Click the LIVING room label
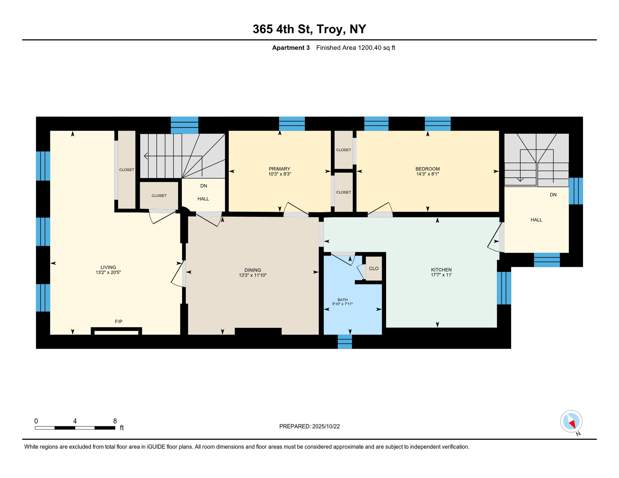tap(108, 267)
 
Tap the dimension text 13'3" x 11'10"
tap(253, 275)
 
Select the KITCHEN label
tap(441, 270)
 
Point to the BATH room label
tap(342, 300)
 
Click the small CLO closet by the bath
tap(373, 269)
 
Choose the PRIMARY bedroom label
tap(279, 169)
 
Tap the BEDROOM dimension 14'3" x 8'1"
tap(427, 174)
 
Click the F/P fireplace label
tap(119, 321)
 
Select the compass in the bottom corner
tap(571, 421)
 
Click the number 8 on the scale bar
tap(115, 421)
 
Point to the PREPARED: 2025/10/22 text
tap(309, 426)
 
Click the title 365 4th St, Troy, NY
tap(309, 29)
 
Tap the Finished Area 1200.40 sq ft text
tap(355, 48)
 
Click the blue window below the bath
tap(345, 342)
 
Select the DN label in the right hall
tap(553, 195)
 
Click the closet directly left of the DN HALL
tap(159, 196)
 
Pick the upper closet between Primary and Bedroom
tap(343, 150)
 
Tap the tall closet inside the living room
tap(127, 170)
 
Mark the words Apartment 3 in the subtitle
tap(291, 48)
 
